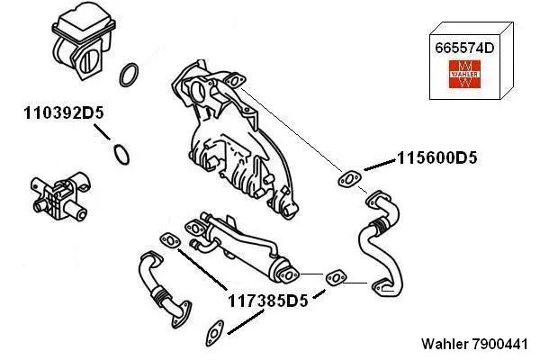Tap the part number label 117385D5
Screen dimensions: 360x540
click(266, 301)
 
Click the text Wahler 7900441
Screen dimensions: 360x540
click(476, 345)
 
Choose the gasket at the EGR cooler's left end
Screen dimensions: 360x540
click(168, 241)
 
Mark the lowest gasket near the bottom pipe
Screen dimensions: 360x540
click(217, 330)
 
